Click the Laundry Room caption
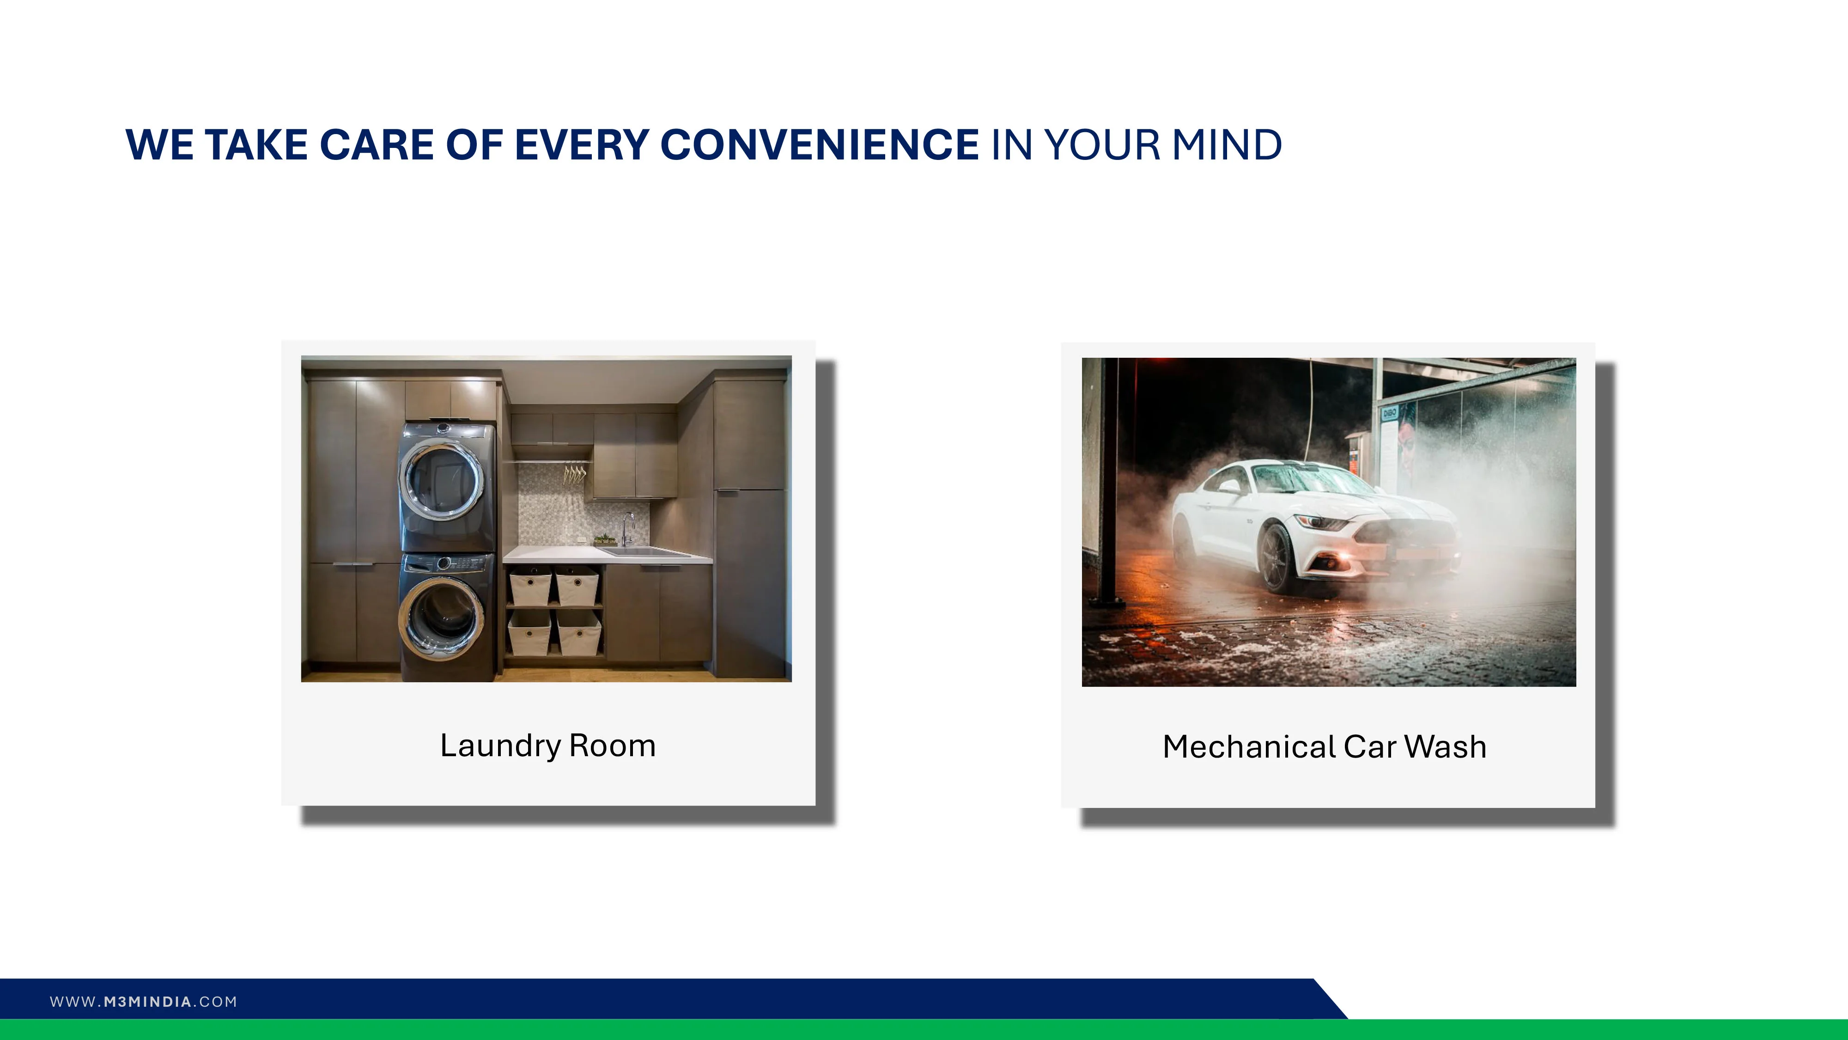[x=548, y=746]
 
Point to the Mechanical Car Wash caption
[x=1324, y=746]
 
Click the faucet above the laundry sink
[x=628, y=529]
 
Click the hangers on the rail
[x=574, y=474]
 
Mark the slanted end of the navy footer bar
[x=1331, y=998]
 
